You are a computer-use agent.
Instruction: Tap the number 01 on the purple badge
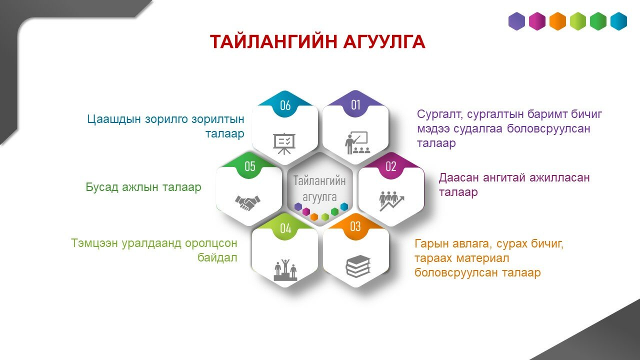355,105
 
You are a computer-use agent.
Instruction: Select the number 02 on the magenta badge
391,166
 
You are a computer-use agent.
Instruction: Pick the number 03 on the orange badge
355,226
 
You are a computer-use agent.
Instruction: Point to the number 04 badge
285,228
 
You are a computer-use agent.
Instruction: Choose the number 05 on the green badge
249,166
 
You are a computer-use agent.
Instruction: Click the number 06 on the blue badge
285,105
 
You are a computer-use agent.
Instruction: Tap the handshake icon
247,203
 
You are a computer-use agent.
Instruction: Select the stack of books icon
358,266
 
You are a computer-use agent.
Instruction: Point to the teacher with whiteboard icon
357,142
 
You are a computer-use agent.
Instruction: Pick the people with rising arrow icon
391,201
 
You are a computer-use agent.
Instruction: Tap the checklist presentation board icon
284,143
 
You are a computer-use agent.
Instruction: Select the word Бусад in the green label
102,187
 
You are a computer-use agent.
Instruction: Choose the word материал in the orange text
482,258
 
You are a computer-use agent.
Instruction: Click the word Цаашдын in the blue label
114,119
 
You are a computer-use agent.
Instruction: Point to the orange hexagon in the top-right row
557,21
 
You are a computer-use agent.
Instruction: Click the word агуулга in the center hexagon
319,197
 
